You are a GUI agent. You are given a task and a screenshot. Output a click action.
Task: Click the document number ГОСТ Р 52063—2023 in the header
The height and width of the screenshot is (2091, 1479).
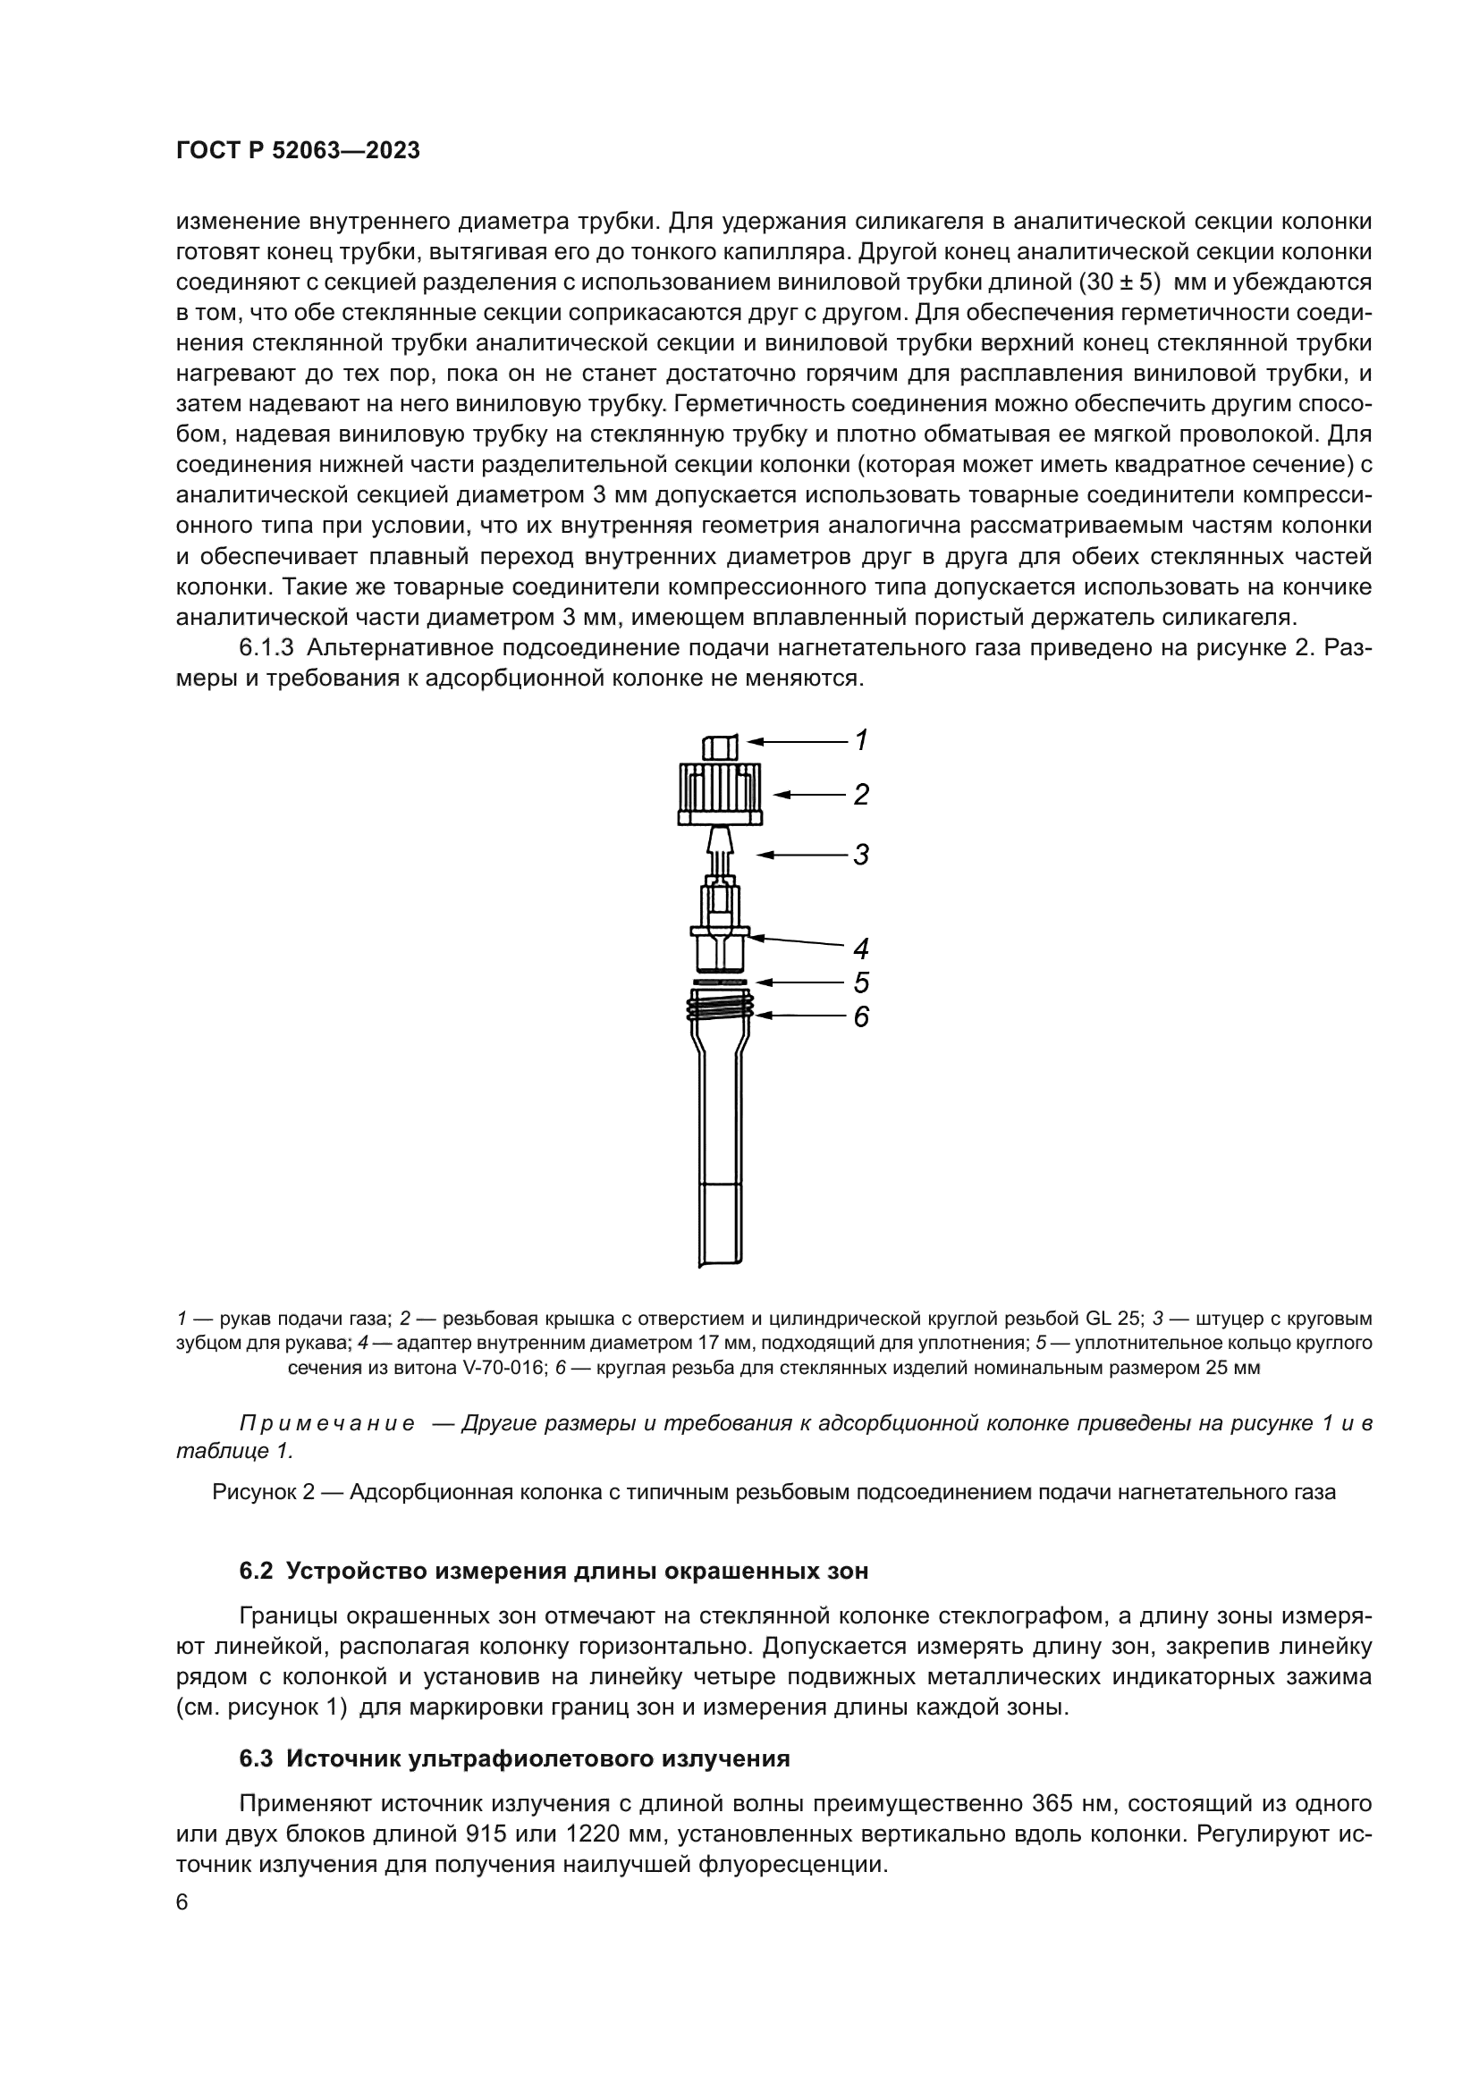coord(298,151)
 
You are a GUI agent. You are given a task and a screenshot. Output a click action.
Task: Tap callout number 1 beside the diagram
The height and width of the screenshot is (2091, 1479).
coord(860,740)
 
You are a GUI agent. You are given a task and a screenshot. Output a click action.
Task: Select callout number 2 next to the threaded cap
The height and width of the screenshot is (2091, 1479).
coord(860,795)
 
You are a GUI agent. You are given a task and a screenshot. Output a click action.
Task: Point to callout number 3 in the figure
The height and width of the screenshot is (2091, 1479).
coord(860,856)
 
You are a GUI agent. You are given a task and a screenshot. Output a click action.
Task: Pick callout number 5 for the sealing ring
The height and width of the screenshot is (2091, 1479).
coord(860,982)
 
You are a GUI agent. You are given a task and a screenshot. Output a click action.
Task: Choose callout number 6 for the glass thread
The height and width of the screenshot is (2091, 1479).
coord(860,1016)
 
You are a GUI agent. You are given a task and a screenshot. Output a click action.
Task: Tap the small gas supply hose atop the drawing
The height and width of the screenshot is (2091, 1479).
coord(720,747)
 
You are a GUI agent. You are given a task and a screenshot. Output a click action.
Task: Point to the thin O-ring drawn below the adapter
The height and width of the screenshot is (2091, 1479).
coord(721,982)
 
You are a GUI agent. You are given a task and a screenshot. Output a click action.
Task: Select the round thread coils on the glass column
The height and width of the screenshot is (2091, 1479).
coord(721,1007)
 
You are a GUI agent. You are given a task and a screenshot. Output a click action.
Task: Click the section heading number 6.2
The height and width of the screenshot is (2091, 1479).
coord(257,1571)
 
